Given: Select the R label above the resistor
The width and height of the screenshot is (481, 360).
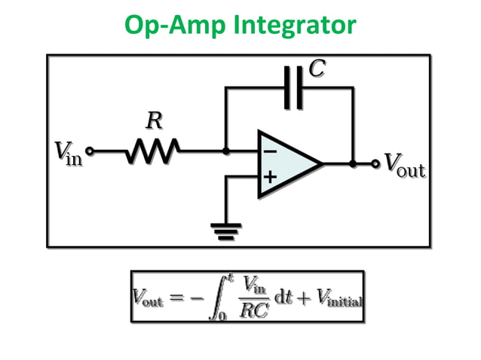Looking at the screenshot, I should coord(153,121).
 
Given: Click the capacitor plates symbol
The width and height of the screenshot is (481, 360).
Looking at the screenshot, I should coord(293,87).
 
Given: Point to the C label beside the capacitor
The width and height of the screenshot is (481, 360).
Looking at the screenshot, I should coord(317,69).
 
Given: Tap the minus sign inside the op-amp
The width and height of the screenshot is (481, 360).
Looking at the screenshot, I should coord(269,151).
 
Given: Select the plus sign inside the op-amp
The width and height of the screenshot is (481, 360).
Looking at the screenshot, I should coord(269,178).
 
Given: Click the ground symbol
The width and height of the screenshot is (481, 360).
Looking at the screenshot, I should coord(225,227).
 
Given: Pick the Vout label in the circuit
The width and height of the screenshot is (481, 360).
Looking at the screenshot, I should coord(405,163).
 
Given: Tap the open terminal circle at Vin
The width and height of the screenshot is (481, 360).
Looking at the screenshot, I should coord(90,151).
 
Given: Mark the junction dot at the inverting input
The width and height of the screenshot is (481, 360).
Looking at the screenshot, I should coord(225,151).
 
